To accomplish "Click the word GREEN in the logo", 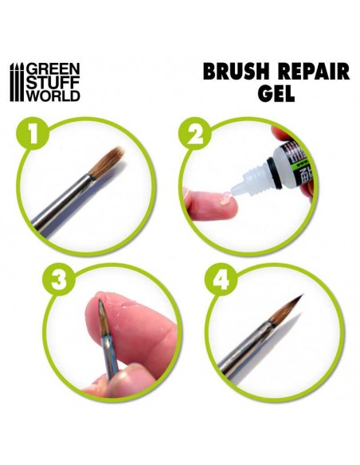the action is click(53, 68).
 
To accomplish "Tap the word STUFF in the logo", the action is click(53, 82).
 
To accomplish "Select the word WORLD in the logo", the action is click(53, 96).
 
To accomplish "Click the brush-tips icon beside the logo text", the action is click(18, 82).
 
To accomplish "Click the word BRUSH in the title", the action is click(241, 72).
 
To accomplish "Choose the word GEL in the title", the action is click(276, 93).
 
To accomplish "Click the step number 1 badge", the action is click(33, 135).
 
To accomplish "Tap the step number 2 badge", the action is click(194, 135).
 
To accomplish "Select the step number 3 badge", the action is click(59, 280).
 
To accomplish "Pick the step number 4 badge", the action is click(221, 280).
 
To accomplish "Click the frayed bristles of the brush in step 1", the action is click(107, 162).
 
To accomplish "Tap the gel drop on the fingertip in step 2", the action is click(225, 197).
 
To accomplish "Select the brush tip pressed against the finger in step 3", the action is click(102, 316).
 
